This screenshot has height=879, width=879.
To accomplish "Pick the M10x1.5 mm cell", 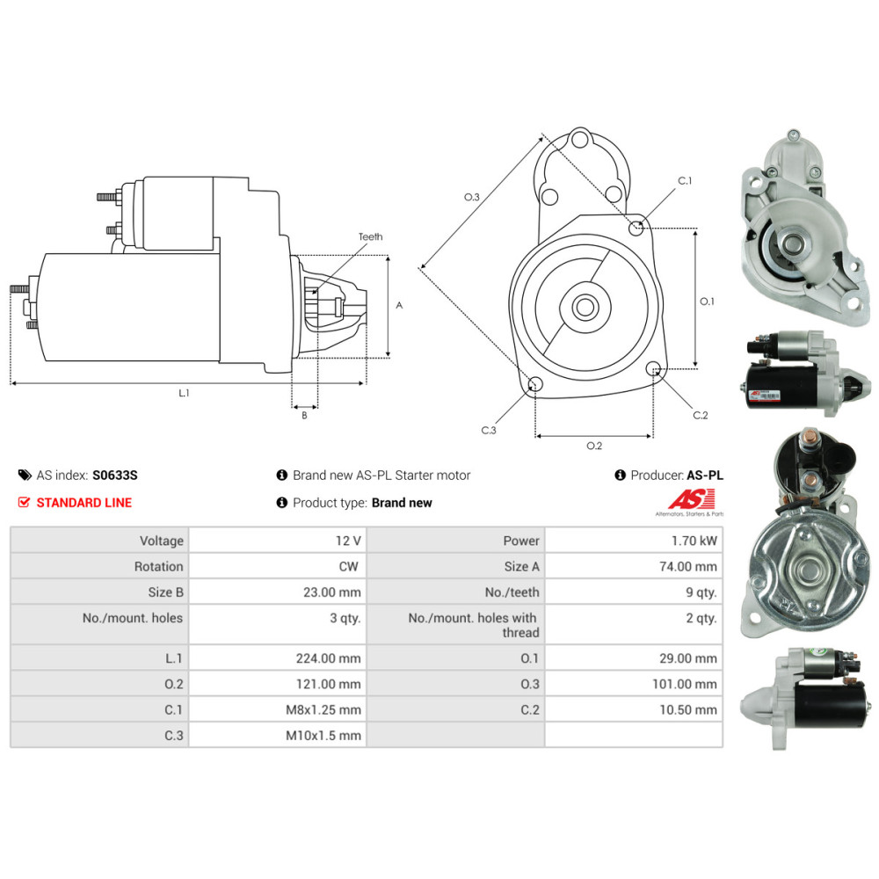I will (x=323, y=736).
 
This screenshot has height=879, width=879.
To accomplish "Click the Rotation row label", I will (x=158, y=567).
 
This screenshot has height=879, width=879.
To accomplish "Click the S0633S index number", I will (x=115, y=476).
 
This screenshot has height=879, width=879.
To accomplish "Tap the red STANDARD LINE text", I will (x=84, y=503).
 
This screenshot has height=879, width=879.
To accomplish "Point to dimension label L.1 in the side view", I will (x=185, y=394).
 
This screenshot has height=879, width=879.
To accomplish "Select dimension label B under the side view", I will (x=304, y=416).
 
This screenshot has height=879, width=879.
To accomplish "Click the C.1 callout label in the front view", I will (x=685, y=181).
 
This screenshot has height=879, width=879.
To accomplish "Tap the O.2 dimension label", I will (x=594, y=446).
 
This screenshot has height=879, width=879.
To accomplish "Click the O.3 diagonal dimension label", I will (x=472, y=198).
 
